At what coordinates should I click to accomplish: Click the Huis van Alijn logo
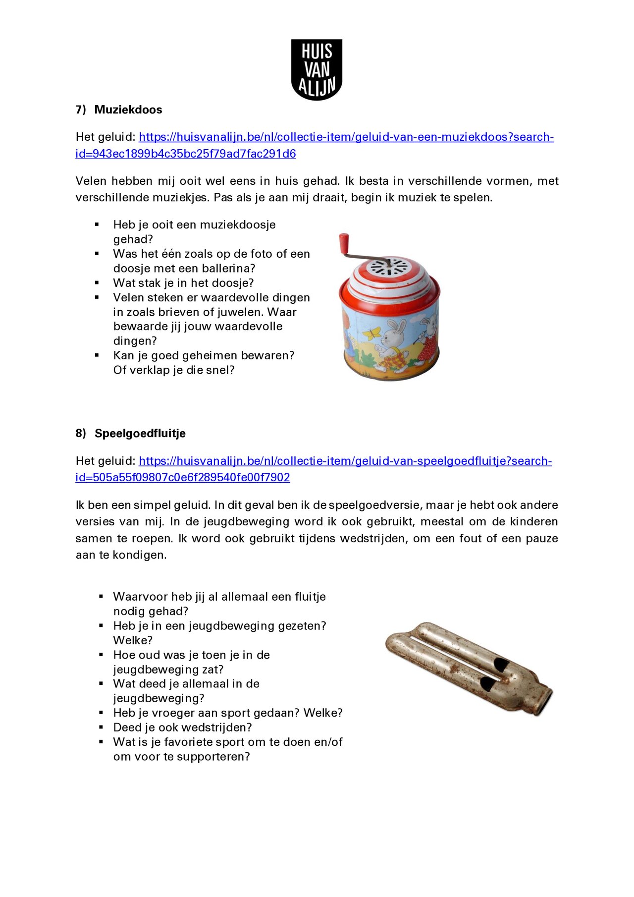[317, 70]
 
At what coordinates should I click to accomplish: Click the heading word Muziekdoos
[128, 110]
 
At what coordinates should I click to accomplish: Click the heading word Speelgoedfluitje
[140, 434]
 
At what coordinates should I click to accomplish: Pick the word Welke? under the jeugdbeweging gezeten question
[133, 640]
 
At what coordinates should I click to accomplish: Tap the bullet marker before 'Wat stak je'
[97, 283]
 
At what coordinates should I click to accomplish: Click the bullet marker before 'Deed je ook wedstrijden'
[101, 727]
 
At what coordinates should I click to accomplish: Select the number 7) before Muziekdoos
[81, 110]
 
